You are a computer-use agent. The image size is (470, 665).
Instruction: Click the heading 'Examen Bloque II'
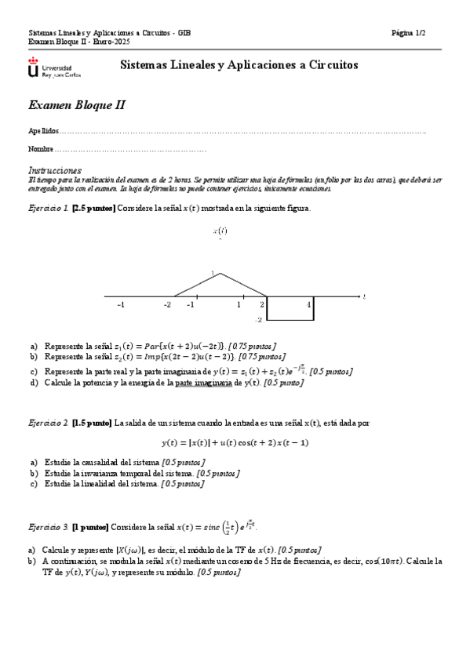tap(77, 105)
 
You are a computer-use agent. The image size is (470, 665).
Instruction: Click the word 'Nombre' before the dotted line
tap(41, 149)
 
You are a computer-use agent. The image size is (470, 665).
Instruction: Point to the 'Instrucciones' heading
tap(55, 170)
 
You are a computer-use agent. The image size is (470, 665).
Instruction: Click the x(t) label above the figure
tap(220, 231)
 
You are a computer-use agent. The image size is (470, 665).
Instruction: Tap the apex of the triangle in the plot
tap(220, 274)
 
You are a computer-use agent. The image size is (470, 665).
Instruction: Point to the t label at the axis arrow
tap(365, 296)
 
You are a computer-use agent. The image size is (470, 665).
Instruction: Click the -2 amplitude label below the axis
tap(258, 320)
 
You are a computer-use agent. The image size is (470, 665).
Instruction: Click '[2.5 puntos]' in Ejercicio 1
tap(93, 208)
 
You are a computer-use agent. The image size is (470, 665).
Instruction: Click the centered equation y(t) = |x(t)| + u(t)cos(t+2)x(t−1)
tap(235, 442)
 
